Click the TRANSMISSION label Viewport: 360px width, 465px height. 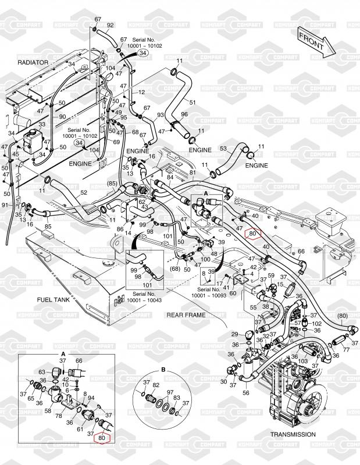pyautogui.click(x=293, y=434)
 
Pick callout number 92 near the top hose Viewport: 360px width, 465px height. pyautogui.click(x=110, y=26)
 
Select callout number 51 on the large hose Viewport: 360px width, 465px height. pyautogui.click(x=193, y=102)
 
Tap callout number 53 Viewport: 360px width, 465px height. pyautogui.click(x=223, y=149)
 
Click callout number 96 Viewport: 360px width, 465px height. pyautogui.click(x=184, y=115)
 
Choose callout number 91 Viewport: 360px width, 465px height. pyautogui.click(x=5, y=205)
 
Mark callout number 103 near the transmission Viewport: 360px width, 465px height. pyautogui.click(x=303, y=361)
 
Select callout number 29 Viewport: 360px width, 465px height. pyautogui.click(x=234, y=334)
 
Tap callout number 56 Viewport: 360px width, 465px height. pyautogui.click(x=246, y=393)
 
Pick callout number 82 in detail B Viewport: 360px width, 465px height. pyautogui.click(x=155, y=385)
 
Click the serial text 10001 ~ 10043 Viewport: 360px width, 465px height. pyautogui.click(x=142, y=301)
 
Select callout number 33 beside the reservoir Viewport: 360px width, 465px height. pyautogui.click(x=42, y=124)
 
